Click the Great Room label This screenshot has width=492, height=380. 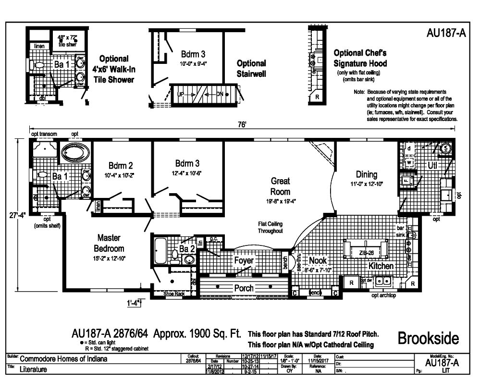(280, 186)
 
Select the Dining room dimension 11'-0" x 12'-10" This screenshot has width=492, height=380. (366, 184)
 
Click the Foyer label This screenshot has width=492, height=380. (244, 260)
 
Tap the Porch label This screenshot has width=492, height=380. (244, 288)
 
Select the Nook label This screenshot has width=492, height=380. (317, 260)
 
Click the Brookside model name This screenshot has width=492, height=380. (428, 338)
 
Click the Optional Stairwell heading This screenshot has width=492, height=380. (251, 69)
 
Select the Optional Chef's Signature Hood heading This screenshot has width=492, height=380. (360, 58)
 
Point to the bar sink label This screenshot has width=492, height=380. (400, 231)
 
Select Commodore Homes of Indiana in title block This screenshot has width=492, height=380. (63, 359)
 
